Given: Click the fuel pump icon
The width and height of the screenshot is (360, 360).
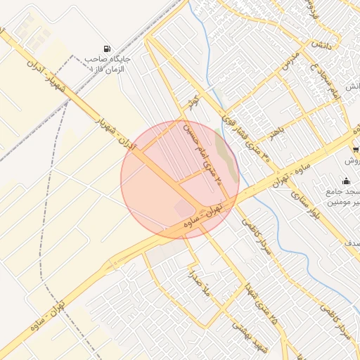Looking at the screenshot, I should coord(106,49).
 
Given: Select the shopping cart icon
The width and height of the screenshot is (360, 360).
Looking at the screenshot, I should coord(356,149).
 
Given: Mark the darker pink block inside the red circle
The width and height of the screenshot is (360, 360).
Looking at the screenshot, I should coord(184,208).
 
